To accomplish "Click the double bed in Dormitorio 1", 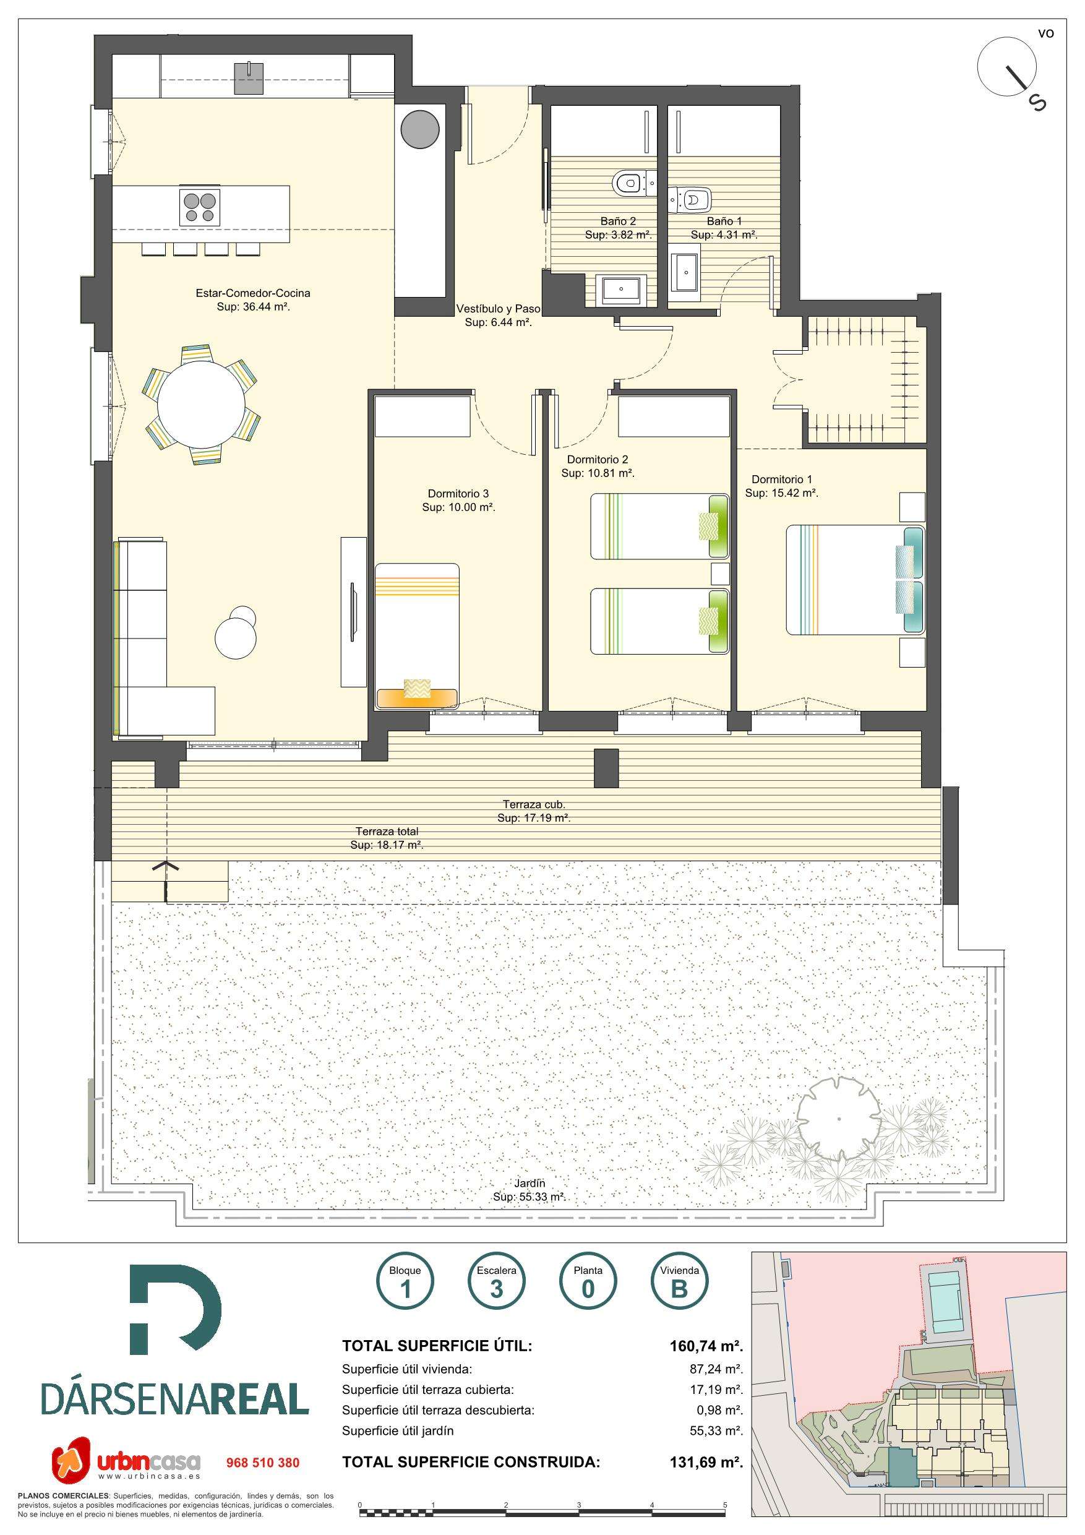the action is tap(855, 580).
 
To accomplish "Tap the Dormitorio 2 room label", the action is tap(598, 466).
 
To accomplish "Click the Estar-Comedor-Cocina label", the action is tap(253, 299).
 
